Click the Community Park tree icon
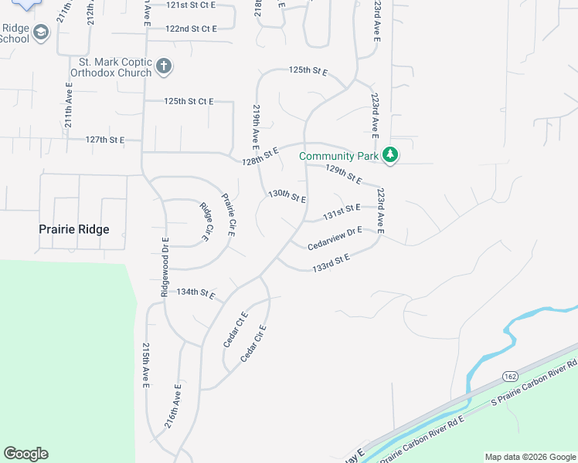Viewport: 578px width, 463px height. tap(391, 155)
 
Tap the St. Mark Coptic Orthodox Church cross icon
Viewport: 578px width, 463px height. tap(163, 66)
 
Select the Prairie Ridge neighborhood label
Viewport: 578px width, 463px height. tap(74, 229)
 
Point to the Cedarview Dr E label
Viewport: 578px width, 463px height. tap(335, 238)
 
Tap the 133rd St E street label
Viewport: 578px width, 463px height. tap(331, 262)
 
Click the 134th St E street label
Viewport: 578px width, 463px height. tap(195, 293)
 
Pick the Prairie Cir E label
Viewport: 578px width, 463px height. tap(229, 215)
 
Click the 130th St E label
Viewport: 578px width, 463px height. tap(287, 196)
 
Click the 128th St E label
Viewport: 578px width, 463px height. tap(259, 154)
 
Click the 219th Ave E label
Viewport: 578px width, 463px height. tap(255, 127)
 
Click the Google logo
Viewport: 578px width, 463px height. tap(25, 454)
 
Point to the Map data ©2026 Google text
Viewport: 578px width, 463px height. tap(531, 457)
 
